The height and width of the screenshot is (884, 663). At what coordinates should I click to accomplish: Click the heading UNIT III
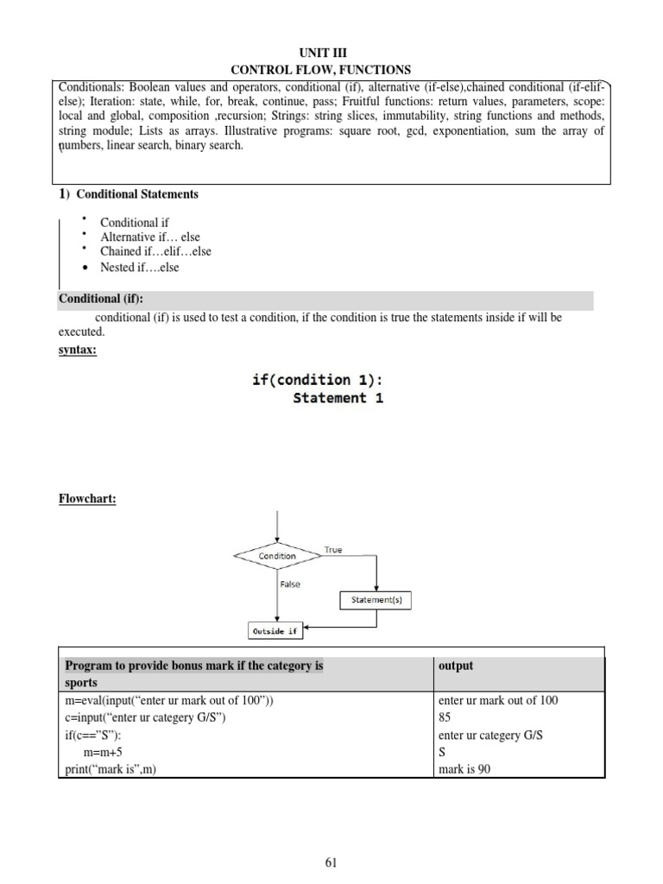pos(331,53)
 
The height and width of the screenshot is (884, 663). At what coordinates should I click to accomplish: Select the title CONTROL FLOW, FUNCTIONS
pos(331,69)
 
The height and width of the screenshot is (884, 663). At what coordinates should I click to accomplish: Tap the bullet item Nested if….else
pos(140,268)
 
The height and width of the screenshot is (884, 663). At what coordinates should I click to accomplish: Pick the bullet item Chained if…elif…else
pos(155,251)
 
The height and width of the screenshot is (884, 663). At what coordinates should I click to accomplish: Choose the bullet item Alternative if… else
pos(150,237)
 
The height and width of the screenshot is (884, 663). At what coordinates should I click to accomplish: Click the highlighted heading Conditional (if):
pos(101,300)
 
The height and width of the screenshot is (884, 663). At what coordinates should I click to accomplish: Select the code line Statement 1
pos(338,398)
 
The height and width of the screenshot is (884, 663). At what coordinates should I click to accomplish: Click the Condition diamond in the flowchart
pos(277,556)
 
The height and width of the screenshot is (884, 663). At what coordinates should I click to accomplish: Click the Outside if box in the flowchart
pos(275,631)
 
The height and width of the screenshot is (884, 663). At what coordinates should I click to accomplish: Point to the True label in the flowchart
pos(332,550)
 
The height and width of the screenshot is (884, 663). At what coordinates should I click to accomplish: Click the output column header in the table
pos(457,666)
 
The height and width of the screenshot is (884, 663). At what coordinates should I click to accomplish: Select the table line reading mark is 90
pos(465,769)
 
